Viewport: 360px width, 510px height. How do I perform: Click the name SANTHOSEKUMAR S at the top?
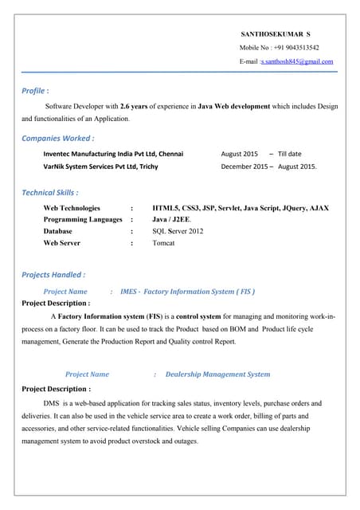(x=276, y=34)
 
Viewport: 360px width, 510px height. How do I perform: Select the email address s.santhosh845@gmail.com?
(x=297, y=61)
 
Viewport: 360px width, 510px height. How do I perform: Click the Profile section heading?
(x=36, y=91)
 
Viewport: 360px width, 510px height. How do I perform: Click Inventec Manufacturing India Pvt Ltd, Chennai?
(x=113, y=153)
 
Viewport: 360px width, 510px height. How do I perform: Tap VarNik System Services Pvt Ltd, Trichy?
(x=100, y=167)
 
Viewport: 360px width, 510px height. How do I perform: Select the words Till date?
(x=290, y=153)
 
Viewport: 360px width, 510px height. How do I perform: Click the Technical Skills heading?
(x=49, y=193)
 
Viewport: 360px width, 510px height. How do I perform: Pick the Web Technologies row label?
(x=72, y=208)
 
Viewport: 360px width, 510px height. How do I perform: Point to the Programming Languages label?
(x=83, y=219)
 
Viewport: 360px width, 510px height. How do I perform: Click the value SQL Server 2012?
(x=178, y=231)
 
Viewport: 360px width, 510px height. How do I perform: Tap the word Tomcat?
(x=163, y=243)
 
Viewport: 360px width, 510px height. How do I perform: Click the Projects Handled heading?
(x=53, y=275)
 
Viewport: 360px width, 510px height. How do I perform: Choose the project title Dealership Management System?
(x=217, y=374)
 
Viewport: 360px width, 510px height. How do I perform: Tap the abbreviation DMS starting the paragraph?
(x=51, y=404)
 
